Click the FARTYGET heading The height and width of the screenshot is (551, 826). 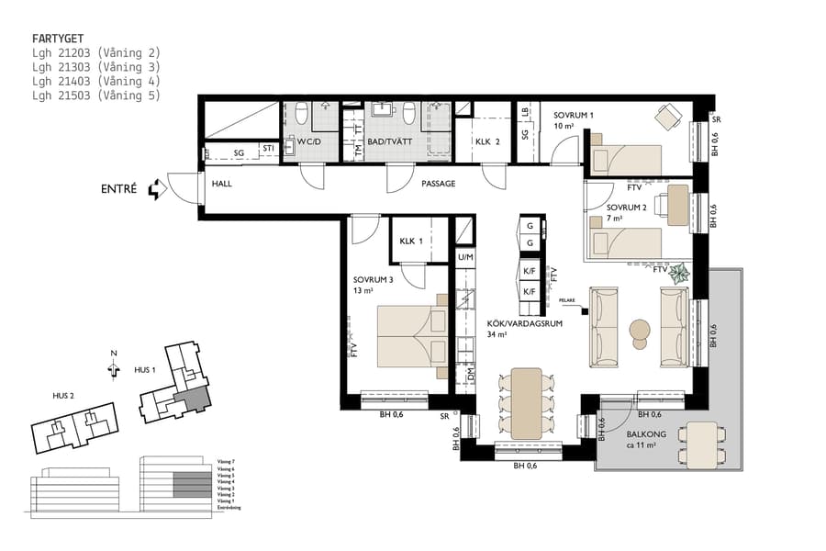coord(58,39)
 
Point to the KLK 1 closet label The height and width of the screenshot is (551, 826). coord(410,242)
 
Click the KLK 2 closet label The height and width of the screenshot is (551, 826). coord(487,142)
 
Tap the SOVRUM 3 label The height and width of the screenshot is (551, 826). coord(374,280)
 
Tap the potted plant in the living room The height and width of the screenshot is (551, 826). coord(680,273)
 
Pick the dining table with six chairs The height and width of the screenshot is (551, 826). coord(526,402)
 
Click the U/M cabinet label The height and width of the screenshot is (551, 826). coord(464,258)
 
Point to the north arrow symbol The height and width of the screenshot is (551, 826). coord(114,365)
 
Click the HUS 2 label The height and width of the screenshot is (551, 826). coord(62,396)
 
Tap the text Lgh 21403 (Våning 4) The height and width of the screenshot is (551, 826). coord(95,81)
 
